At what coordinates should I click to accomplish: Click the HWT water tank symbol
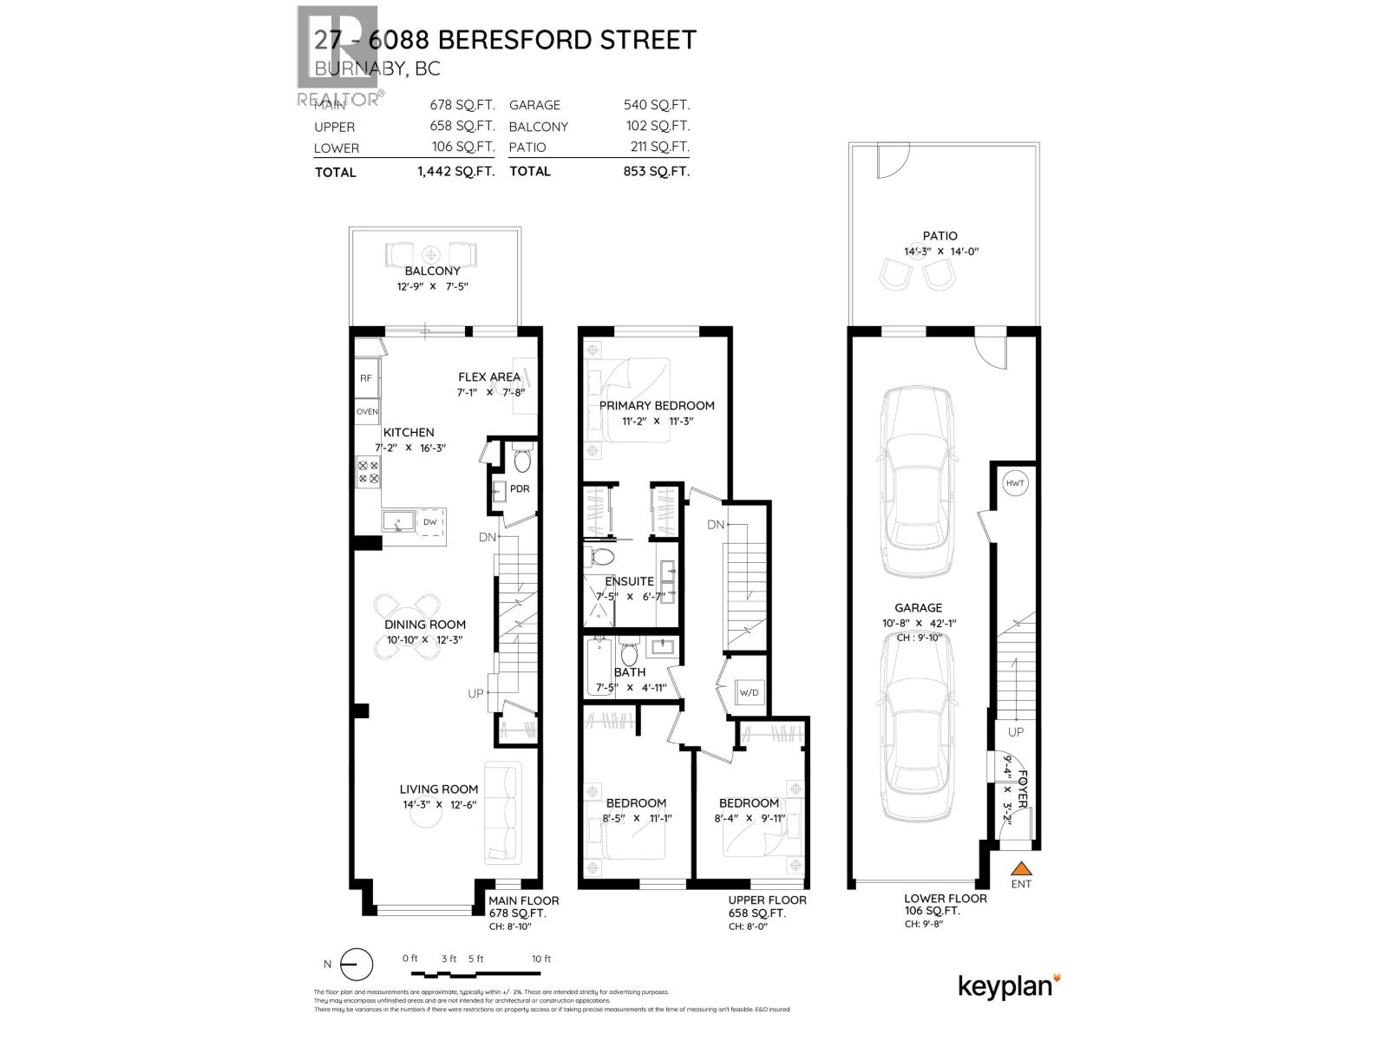1015,483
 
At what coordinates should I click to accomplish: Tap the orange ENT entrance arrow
1022,868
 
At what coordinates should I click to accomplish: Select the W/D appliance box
749,692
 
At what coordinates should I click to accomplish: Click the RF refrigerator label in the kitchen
366,378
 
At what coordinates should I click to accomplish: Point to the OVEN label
367,411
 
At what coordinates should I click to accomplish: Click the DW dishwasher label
430,522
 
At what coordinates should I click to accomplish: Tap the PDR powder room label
519,488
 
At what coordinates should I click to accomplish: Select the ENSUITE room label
629,581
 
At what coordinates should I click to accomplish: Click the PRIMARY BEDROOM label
657,405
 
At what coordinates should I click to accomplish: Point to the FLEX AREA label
489,376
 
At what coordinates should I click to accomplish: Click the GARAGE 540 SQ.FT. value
657,105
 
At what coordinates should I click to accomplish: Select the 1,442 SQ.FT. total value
455,172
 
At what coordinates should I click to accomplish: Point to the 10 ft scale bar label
541,959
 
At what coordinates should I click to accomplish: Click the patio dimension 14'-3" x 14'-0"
940,252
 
